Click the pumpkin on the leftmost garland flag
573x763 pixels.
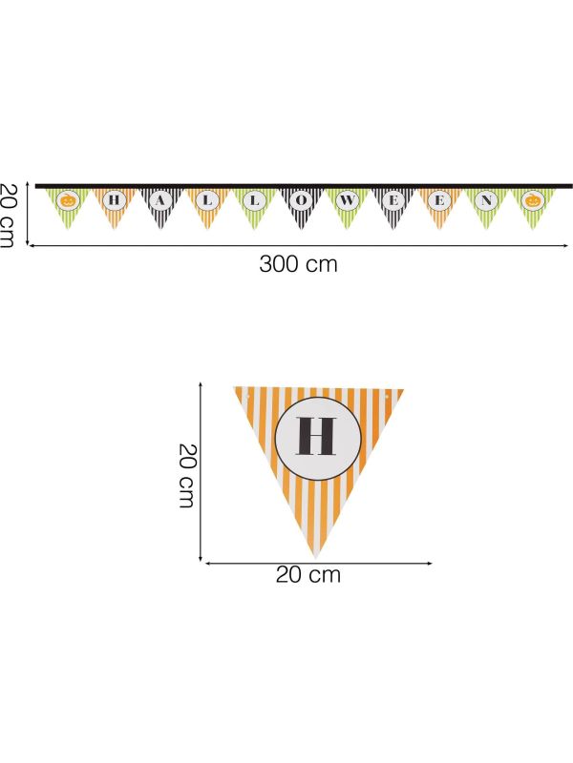(68, 199)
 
